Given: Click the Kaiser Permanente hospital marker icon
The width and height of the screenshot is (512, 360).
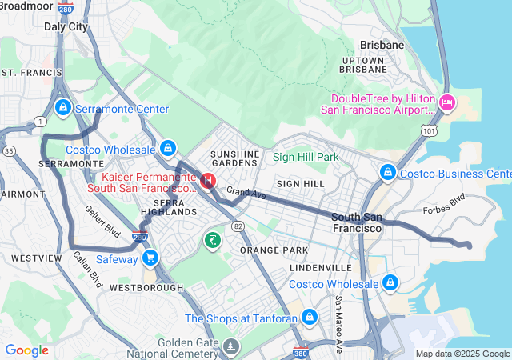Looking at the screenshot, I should (208, 182).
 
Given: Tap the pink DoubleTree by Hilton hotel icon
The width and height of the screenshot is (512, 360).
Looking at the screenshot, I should (447, 102).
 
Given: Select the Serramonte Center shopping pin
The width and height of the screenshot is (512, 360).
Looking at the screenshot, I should (62, 108).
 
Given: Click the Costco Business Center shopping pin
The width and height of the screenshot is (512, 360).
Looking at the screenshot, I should (387, 173).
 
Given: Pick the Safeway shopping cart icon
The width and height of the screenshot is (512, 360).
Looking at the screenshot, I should (150, 258).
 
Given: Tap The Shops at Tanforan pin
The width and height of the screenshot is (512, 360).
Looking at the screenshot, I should (310, 318).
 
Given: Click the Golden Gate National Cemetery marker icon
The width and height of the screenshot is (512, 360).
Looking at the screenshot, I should (231, 346).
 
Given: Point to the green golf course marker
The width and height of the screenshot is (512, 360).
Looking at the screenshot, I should (212, 240).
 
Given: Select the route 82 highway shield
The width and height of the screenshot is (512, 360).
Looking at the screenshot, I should (238, 226).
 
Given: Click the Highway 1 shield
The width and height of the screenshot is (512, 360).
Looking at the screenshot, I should (40, 121).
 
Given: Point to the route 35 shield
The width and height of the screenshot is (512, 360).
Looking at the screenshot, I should (8, 150).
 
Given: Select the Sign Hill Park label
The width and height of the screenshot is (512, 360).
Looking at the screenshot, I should (306, 158).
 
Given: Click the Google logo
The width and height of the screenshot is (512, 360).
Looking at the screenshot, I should (26, 350).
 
